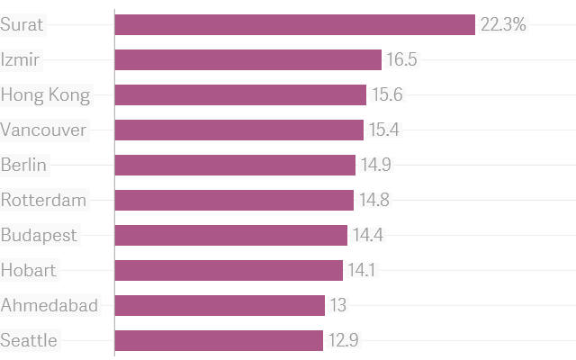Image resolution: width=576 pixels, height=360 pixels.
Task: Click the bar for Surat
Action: pos(294,24)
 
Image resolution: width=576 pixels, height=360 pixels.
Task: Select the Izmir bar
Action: pos(247,59)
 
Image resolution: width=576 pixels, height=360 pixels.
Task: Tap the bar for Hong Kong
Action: pos(240,94)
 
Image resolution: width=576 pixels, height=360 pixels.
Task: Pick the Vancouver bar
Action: pos(238,130)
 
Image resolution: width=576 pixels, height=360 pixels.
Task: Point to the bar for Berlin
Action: pos(235,165)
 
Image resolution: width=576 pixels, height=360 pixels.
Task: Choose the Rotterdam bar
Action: pos(234,200)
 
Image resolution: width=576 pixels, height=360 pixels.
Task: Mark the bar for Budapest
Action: pos(230,235)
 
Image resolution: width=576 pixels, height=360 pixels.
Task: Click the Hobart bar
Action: pos(229,270)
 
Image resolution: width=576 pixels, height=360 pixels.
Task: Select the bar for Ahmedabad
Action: pos(220,305)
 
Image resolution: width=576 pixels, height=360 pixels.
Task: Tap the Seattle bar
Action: pos(219,340)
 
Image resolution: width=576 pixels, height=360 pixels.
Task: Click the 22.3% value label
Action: pos(503,24)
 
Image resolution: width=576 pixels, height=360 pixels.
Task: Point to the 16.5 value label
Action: pos(401,59)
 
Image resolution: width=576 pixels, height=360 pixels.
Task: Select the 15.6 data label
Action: pos(387,94)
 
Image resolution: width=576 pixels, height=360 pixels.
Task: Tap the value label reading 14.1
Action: pos(363,270)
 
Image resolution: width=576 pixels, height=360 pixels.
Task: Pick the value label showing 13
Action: pos(337,305)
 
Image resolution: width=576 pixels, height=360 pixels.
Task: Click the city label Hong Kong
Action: pos(46,94)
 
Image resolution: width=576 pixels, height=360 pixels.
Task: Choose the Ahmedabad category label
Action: pos(49,305)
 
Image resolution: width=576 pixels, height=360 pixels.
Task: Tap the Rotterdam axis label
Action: pos(44,200)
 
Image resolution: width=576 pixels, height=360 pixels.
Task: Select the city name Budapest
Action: pos(40,235)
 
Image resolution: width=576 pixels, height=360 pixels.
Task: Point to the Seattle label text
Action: pos(30,340)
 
